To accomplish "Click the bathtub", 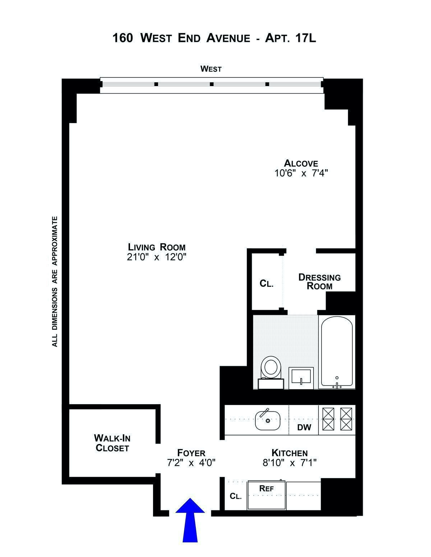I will click(337, 351).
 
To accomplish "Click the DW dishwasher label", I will click(304, 428).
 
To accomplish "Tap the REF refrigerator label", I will click(267, 488).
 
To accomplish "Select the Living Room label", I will click(157, 247).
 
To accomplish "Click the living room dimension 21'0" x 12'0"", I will click(157, 257).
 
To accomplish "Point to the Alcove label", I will click(301, 163).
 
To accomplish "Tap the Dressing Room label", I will click(319, 282).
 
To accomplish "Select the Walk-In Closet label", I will click(112, 443).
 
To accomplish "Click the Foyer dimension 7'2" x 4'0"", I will click(191, 463).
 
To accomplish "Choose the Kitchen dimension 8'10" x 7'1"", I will click(289, 463).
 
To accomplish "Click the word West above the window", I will click(211, 69).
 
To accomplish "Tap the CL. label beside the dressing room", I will click(267, 284).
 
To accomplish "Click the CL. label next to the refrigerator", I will click(236, 496).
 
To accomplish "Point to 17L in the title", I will click(305, 38).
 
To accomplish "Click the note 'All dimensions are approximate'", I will click(55, 281).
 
